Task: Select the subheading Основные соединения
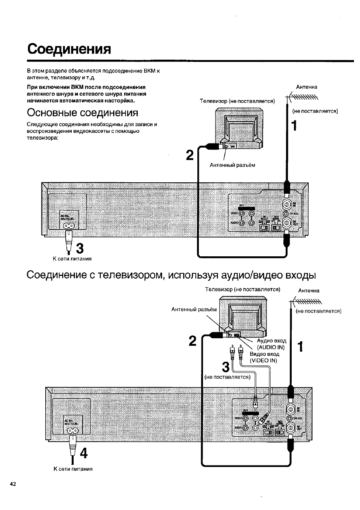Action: coord(82,112)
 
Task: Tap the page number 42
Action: coord(13,484)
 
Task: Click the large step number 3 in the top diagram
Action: coord(80,248)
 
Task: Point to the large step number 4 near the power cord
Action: coord(83,453)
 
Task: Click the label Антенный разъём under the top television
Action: coord(232,165)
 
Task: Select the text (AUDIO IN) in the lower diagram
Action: coord(271,347)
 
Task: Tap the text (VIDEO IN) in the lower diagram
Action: coord(263,361)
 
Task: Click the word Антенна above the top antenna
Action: coord(306,87)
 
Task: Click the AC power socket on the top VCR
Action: coord(69,226)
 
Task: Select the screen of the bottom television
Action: coord(244,319)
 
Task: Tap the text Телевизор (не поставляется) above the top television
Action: coord(237,101)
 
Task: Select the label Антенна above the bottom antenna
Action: coord(309,291)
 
